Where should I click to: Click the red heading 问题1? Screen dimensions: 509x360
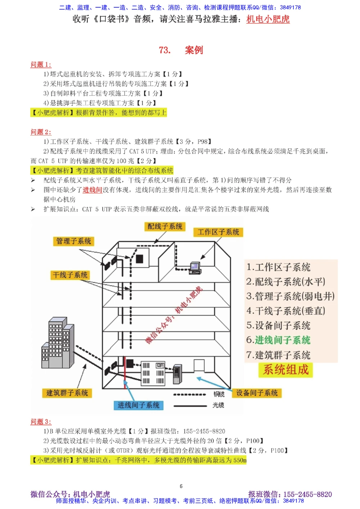tap(41, 64)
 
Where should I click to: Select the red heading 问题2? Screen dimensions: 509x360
tap(41, 132)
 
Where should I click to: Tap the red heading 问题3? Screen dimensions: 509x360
tap(41, 422)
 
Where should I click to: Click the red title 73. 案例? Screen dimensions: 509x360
tap(181, 50)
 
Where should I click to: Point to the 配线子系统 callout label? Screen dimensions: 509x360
tap(165, 226)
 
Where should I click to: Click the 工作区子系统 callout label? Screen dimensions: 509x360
tap(218, 232)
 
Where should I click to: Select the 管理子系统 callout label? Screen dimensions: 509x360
tap(73, 241)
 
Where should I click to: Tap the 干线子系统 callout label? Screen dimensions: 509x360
tap(70, 275)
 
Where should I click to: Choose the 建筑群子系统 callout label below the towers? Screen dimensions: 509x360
tap(67, 393)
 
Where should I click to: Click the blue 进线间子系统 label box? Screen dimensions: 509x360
tap(139, 405)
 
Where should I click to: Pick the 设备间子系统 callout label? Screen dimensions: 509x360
tap(257, 393)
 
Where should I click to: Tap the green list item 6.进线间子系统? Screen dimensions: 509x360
tap(278, 340)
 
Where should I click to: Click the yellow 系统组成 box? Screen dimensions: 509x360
tap(285, 370)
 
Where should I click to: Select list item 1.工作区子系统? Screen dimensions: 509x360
tap(278, 267)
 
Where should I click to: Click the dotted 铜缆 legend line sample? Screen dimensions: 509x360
tap(190, 395)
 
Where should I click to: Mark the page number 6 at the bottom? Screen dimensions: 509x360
tap(181, 486)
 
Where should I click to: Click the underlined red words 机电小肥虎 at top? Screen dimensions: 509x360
tap(268, 19)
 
